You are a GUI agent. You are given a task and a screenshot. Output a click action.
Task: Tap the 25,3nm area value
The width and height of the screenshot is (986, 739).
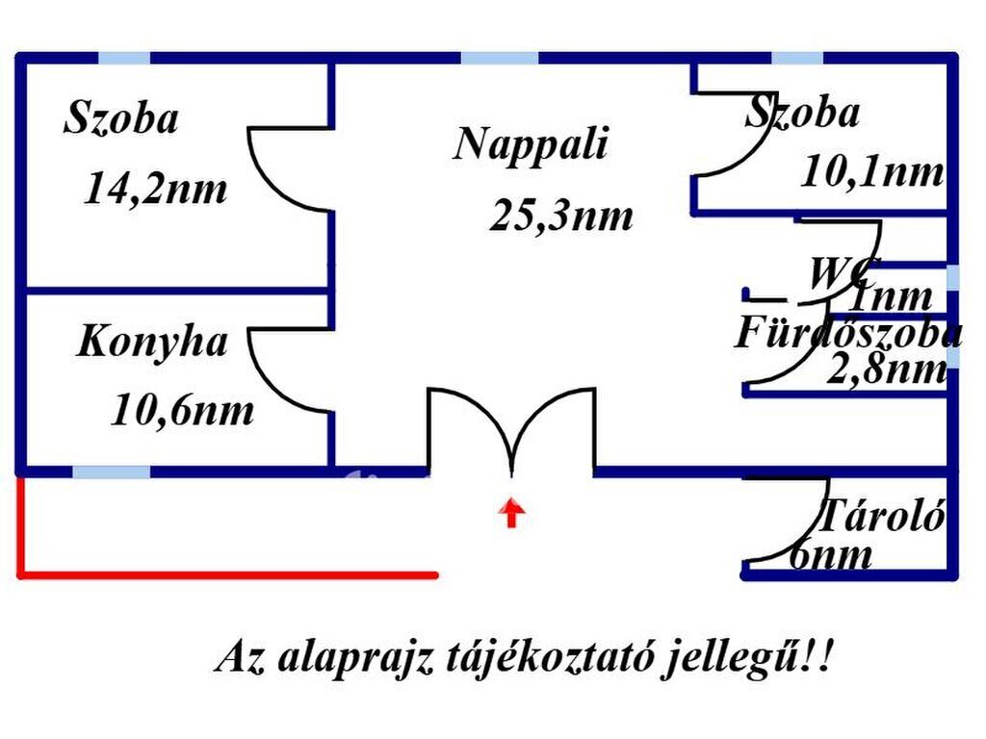click(561, 216)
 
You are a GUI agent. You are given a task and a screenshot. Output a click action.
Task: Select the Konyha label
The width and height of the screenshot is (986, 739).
click(151, 343)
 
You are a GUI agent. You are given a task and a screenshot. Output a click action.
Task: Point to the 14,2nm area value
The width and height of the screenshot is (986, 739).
click(155, 189)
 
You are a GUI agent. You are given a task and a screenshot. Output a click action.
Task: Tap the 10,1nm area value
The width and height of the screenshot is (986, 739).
click(872, 171)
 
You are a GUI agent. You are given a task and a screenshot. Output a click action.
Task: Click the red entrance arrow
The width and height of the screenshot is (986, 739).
click(512, 512)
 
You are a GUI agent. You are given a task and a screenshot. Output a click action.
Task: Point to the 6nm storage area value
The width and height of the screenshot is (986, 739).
click(830, 554)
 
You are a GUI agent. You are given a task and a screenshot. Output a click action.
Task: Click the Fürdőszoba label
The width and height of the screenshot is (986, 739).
click(847, 332)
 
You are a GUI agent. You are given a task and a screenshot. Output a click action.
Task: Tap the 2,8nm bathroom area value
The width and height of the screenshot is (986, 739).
click(887, 369)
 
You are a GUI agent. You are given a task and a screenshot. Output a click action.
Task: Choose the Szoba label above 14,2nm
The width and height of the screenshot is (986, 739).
click(121, 117)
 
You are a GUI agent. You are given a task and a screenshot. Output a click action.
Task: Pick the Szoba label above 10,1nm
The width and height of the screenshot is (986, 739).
click(802, 113)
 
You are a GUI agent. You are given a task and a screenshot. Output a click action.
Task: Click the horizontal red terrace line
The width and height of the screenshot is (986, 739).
click(227, 574)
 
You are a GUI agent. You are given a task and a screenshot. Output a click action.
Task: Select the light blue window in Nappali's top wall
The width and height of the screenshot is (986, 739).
click(500, 59)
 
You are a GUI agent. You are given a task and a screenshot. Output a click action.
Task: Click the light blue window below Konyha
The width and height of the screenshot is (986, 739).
click(112, 471)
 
